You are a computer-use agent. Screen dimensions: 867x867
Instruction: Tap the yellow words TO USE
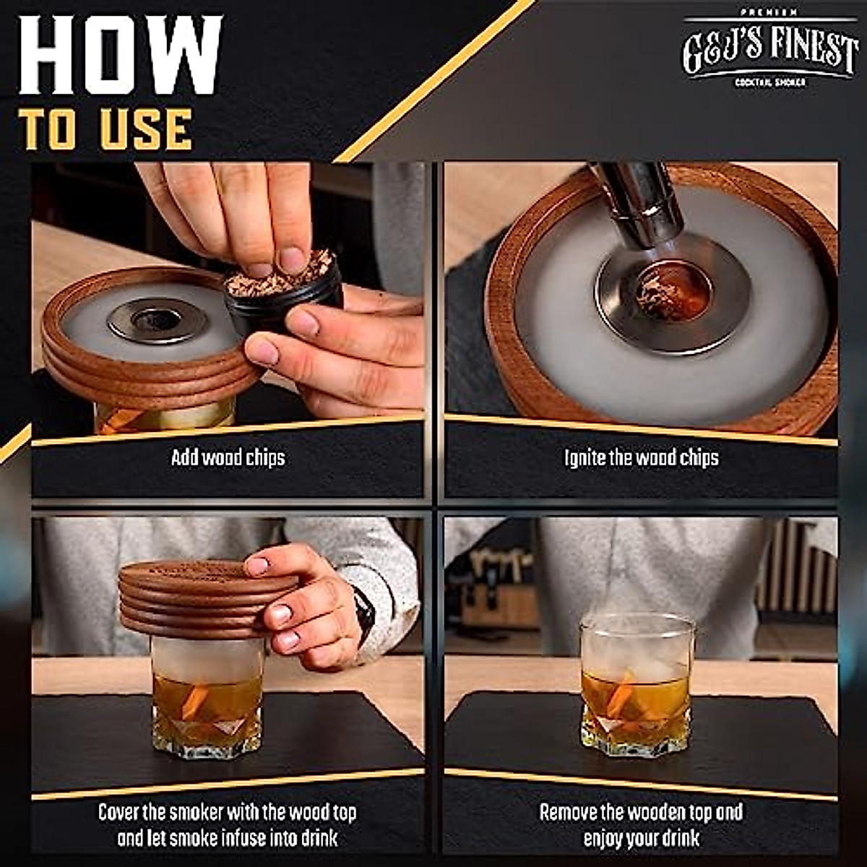(106, 130)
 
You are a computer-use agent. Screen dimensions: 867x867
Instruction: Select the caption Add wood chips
(228, 458)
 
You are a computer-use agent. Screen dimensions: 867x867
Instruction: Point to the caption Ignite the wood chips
(641, 458)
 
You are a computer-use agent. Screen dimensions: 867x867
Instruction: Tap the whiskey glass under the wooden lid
(207, 701)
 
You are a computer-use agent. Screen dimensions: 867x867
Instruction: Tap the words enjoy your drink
(641, 838)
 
